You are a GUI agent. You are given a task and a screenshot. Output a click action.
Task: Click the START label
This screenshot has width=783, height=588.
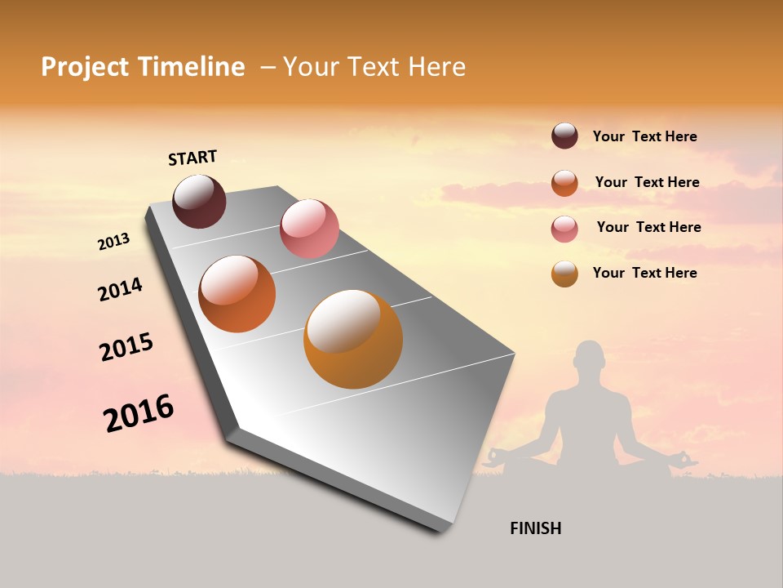(192, 158)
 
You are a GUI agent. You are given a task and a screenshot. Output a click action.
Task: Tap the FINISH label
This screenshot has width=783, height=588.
(536, 528)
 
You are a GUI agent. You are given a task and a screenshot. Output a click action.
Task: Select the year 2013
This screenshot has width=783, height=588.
(113, 242)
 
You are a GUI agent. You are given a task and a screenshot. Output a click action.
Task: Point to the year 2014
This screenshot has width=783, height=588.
(120, 289)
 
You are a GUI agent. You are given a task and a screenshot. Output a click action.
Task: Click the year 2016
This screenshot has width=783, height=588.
(139, 413)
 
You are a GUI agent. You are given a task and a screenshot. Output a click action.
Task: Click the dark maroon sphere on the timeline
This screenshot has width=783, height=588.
(199, 202)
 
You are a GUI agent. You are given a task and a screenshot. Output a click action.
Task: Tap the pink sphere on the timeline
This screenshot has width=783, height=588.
(309, 229)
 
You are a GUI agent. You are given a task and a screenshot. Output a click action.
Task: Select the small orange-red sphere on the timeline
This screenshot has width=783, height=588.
(237, 294)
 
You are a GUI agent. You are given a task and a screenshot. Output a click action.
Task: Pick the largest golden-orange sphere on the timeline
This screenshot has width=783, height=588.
(353, 339)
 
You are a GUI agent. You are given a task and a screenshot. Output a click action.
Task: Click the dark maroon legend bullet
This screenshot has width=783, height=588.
(564, 136)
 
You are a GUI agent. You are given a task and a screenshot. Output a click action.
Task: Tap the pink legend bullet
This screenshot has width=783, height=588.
(564, 229)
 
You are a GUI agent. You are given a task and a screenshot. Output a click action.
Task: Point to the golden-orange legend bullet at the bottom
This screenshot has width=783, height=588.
(564, 274)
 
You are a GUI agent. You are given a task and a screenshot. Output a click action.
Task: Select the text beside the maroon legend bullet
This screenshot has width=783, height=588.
(644, 137)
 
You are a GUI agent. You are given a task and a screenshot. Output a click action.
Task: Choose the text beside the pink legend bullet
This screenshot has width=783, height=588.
(648, 227)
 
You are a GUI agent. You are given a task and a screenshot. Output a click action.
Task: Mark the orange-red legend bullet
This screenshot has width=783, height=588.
(564, 183)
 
